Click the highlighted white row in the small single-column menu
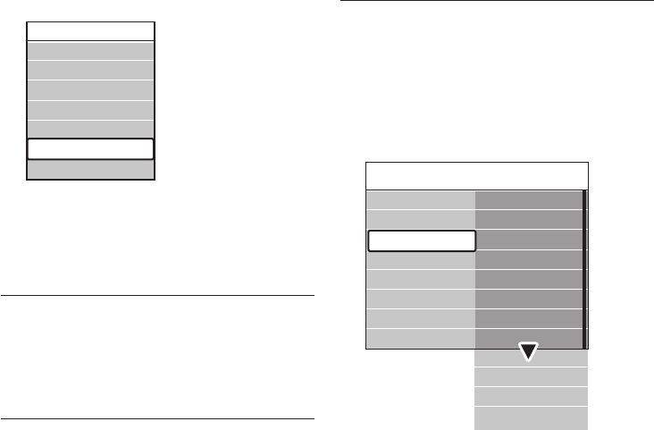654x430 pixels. pyautogui.click(x=90, y=149)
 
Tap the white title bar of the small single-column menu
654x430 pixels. pyautogui.click(x=90, y=30)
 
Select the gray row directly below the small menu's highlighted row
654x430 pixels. pyautogui.click(x=90, y=170)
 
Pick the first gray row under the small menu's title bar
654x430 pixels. pyautogui.click(x=90, y=50)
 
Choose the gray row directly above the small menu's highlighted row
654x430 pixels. pyautogui.click(x=90, y=130)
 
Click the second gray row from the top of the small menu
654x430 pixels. pyautogui.click(x=90, y=70)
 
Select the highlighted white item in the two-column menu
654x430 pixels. pyautogui.click(x=421, y=240)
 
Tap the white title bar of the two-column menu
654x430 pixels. pyautogui.click(x=476, y=175)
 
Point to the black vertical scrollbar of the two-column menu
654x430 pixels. pyautogui.click(x=585, y=268)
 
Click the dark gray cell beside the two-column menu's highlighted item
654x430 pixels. pyautogui.click(x=528, y=240)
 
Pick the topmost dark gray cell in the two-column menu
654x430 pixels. pyautogui.click(x=528, y=199)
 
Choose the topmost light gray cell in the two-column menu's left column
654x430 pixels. pyautogui.click(x=421, y=199)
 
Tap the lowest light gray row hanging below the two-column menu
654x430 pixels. pyautogui.click(x=530, y=417)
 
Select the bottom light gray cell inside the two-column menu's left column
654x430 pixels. pyautogui.click(x=421, y=337)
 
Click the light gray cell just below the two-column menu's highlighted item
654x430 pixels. pyautogui.click(x=421, y=260)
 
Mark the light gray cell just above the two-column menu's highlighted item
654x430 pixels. pyautogui.click(x=421, y=219)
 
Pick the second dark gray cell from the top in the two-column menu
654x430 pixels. pyautogui.click(x=528, y=219)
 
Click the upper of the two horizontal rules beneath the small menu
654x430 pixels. pyautogui.click(x=157, y=294)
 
